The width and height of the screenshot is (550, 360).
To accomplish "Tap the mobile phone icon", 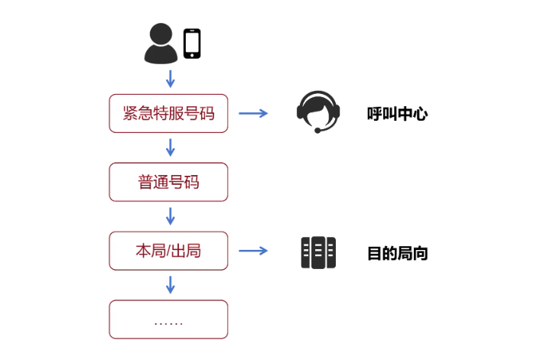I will click(192, 43).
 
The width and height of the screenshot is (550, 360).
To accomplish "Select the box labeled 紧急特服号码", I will click(168, 113).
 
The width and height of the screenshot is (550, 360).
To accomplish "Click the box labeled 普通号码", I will click(168, 182).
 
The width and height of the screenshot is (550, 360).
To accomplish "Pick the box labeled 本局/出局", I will click(168, 251).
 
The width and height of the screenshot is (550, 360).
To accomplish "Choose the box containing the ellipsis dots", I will click(168, 319).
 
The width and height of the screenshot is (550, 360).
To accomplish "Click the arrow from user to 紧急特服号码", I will click(171, 78).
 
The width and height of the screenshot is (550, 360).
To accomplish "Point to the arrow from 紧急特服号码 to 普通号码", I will click(171, 147).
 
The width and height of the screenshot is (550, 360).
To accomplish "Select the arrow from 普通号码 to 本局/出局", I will click(171, 216).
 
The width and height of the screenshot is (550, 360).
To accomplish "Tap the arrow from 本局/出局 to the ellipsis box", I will click(171, 284).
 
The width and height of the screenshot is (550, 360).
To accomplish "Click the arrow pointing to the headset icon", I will click(253, 114).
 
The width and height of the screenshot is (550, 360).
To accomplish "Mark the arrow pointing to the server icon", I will click(253, 251).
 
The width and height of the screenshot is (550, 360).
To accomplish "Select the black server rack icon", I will click(318, 252).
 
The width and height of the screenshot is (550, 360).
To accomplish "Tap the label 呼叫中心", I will click(397, 115).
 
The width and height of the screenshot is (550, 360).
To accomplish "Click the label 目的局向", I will click(397, 254).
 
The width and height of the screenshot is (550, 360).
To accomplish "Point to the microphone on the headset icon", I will click(317, 131).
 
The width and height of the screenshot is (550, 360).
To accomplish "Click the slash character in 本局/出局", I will click(169, 251).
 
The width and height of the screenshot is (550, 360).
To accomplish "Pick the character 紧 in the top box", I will click(131, 113).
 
